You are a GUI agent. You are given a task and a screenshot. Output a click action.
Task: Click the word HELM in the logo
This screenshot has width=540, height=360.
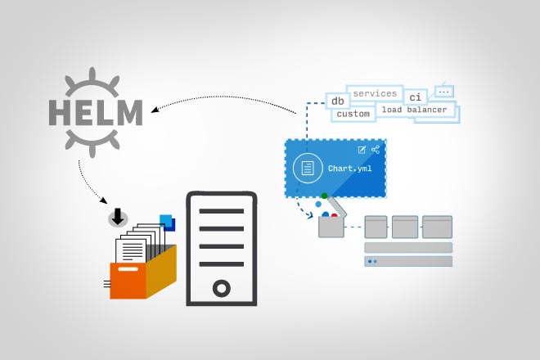tap(96, 110)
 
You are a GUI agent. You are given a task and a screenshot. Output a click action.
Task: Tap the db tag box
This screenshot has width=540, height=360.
tap(337, 101)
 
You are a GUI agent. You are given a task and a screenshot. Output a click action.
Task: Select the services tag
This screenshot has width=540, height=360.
tap(375, 93)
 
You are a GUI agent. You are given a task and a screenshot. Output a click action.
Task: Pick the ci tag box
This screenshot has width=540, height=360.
tap(416, 98)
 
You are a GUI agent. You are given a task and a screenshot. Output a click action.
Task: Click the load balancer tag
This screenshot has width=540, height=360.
tap(414, 110)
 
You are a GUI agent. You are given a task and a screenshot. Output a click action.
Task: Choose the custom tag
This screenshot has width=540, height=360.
tap(353, 114)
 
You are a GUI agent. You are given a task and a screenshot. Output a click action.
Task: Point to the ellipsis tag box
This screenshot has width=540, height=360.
tap(444, 92)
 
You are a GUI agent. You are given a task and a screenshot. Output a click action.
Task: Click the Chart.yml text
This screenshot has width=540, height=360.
tap(349, 169)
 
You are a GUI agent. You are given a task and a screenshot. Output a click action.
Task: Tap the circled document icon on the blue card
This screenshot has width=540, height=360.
tap(308, 169)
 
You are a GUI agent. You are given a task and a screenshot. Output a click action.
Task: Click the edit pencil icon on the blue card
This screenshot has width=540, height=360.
tap(362, 150)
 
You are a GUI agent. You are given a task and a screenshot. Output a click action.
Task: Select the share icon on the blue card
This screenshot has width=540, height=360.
tap(376, 150)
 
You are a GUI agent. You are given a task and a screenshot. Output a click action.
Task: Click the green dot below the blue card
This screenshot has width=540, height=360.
tap(324, 196)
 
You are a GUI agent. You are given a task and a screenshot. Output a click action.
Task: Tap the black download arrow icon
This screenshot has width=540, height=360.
tap(118, 217)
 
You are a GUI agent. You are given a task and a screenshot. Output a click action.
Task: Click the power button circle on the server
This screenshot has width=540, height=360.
tap(221, 288)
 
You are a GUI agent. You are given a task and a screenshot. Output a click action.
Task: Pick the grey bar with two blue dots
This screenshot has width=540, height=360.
tap(407, 262)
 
